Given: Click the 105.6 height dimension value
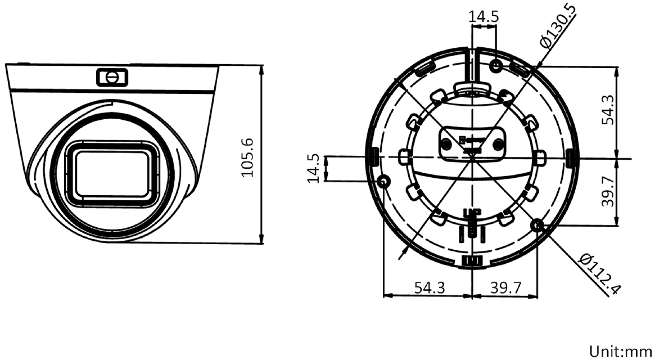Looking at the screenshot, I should point(247,157).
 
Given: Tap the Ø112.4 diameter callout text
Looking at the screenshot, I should point(601,274).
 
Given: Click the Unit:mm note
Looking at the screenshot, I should point(621,352).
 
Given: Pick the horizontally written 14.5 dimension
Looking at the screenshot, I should point(484,17).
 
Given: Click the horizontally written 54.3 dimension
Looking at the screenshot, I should point(430,287).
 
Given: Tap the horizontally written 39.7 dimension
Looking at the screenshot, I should point(505,287).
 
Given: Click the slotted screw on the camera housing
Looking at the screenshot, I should point(112,76).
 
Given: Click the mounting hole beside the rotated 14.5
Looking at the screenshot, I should point(383,182).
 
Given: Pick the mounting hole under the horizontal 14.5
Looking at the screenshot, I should point(495,66).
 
